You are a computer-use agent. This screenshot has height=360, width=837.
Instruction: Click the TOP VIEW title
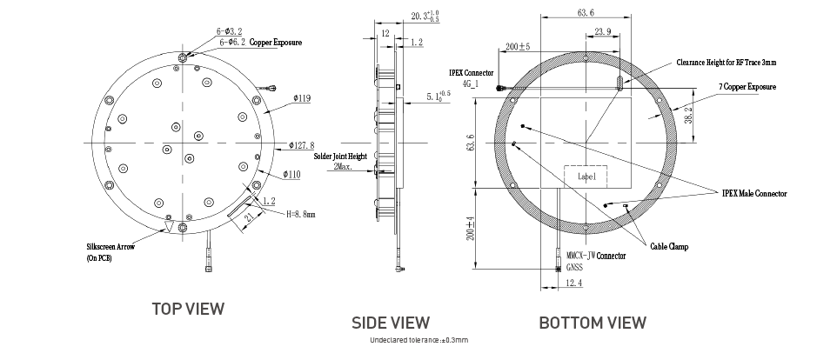click(x=188, y=309)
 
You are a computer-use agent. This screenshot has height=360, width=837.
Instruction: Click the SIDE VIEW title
click(x=390, y=323)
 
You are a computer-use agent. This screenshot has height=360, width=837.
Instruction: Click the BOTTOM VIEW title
click(x=593, y=323)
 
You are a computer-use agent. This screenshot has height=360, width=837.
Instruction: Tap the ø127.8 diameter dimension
click(x=302, y=145)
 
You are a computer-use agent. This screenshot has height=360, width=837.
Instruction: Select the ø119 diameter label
click(x=302, y=98)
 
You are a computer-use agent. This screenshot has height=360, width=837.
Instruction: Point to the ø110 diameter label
click(x=292, y=175)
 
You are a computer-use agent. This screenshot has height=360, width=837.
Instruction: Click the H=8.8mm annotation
click(x=301, y=215)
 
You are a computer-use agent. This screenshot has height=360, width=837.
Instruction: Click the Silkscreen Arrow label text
click(x=110, y=247)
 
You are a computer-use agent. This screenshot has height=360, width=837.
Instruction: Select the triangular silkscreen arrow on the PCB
click(x=170, y=228)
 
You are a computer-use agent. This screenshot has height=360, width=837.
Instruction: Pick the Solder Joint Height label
click(x=340, y=157)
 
